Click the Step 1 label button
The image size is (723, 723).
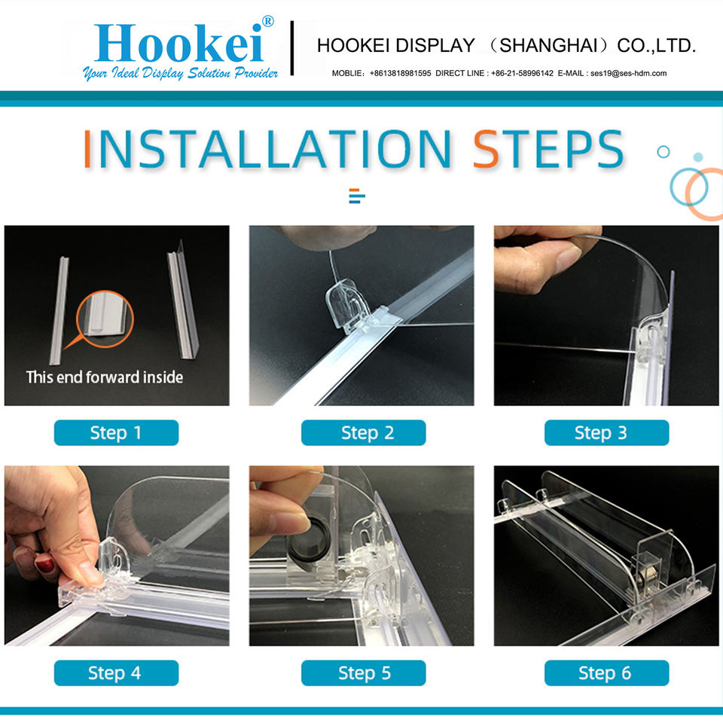tap(116, 432)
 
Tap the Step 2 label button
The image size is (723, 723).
tap(363, 432)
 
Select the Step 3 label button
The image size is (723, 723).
tap(607, 432)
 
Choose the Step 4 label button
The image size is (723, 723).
tap(116, 673)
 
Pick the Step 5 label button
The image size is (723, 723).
tap(363, 673)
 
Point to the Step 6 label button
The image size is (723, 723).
tap(607, 673)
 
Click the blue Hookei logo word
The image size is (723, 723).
tap(179, 44)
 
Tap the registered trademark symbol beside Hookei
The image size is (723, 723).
tap(268, 21)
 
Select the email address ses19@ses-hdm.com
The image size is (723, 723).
tap(628, 73)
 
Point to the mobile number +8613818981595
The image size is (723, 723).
tap(400, 73)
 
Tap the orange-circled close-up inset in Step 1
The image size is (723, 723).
tap(105, 319)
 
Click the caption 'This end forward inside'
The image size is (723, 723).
tap(105, 377)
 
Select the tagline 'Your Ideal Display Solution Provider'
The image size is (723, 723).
tap(180, 73)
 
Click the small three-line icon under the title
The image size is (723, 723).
tap(357, 196)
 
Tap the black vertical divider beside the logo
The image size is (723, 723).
tap(292, 48)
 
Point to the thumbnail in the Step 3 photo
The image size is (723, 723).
tap(569, 260)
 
